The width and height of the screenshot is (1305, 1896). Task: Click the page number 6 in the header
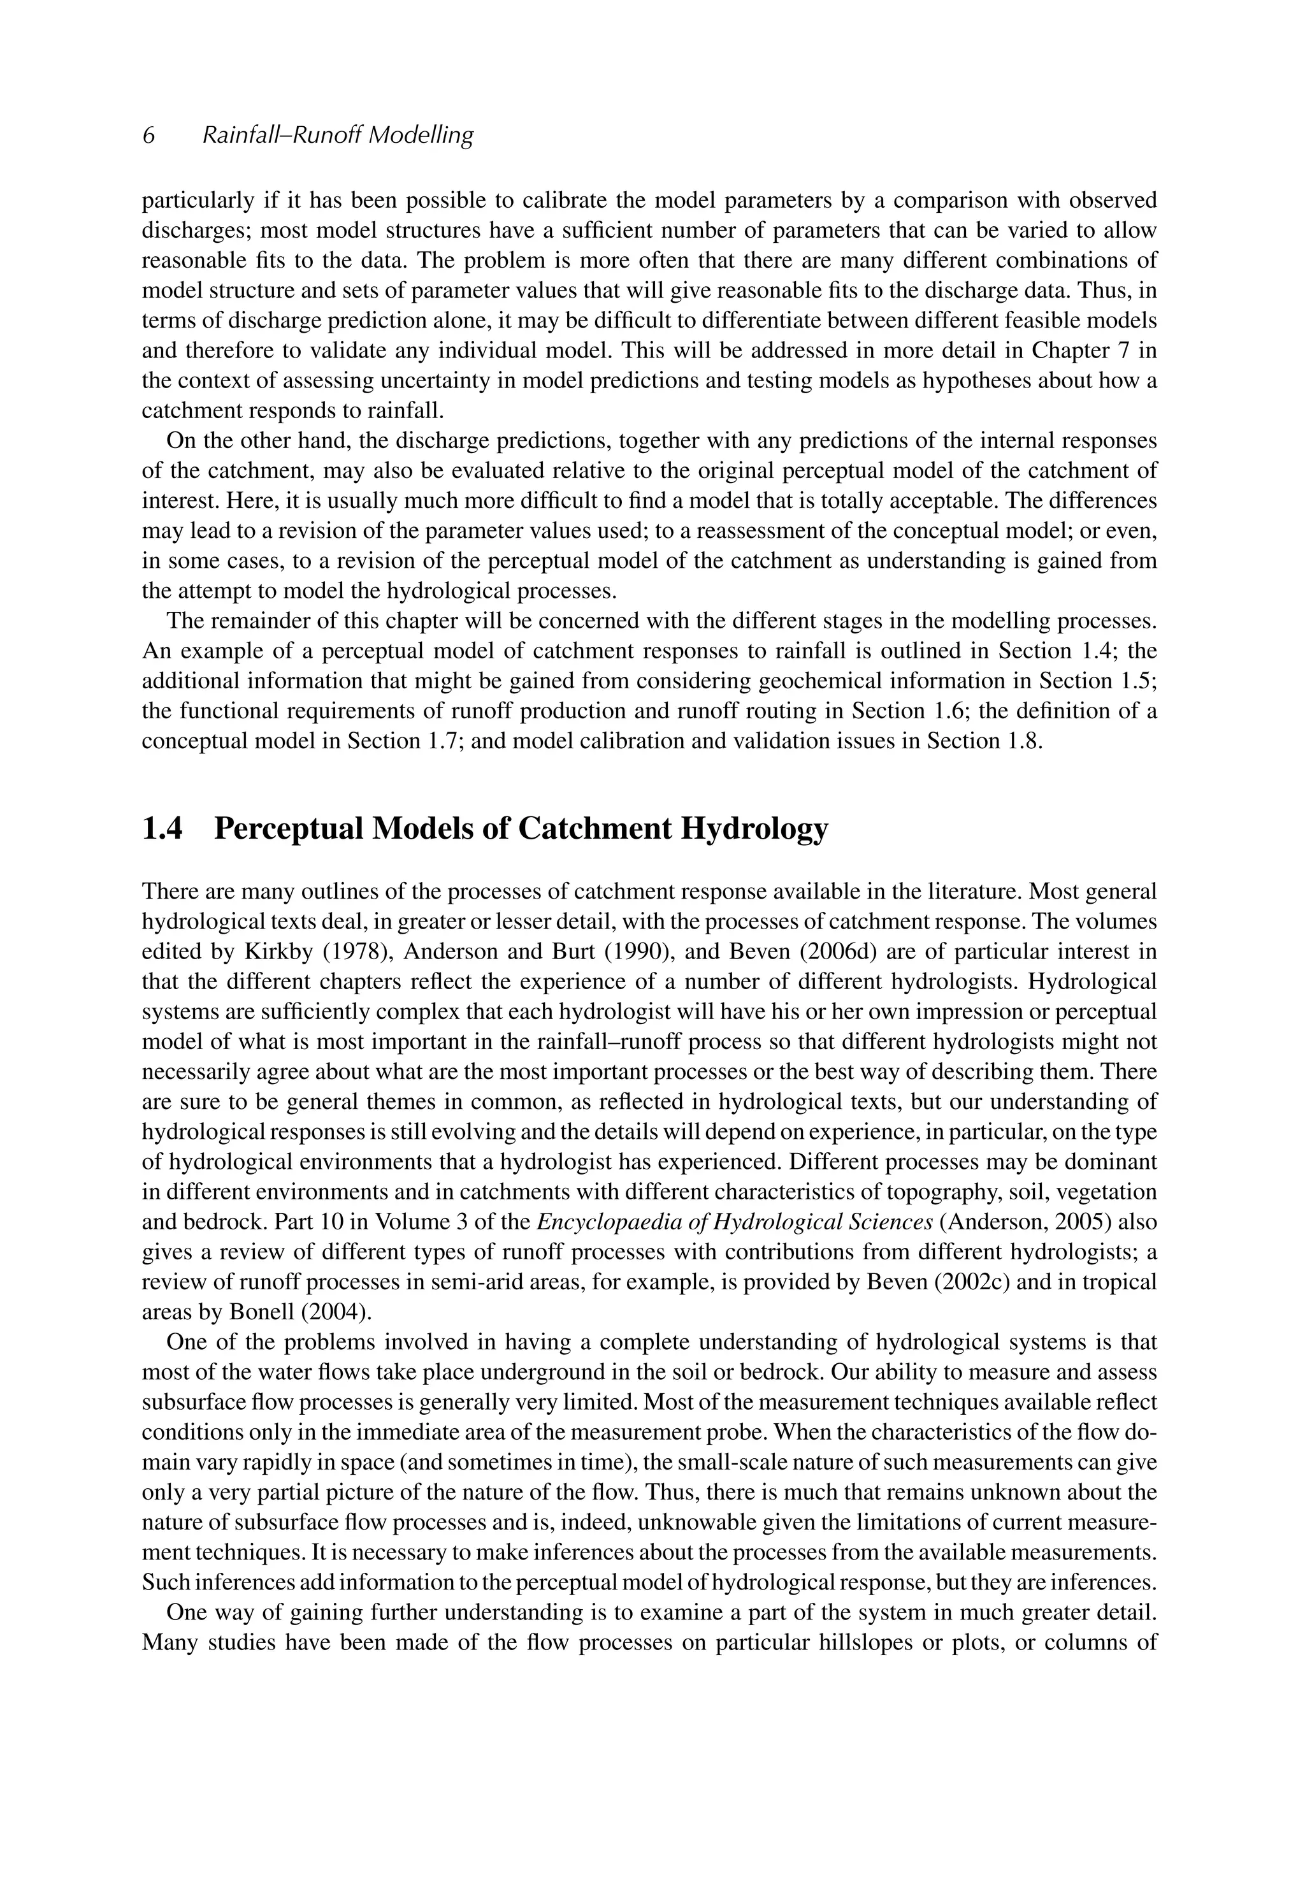(149, 135)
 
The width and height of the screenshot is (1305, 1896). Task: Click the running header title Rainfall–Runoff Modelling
(338, 135)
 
